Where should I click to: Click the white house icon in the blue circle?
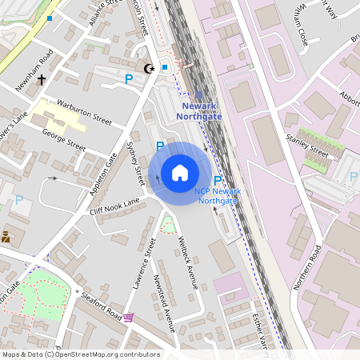point(180,173)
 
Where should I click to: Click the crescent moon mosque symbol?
point(147,69)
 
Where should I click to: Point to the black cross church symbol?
point(41,80)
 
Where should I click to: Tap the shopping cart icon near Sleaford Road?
point(128,318)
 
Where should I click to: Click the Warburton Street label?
point(83,112)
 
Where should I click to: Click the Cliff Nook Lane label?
point(114,206)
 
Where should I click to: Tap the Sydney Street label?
point(136,163)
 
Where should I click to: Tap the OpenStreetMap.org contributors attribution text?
point(108,354)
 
